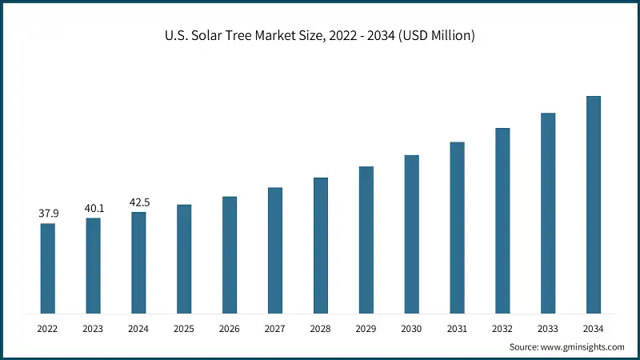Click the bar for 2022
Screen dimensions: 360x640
(x=48, y=268)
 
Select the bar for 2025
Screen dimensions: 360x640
(x=184, y=258)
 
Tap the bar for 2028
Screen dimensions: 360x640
(x=320, y=245)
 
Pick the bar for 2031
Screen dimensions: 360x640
(x=457, y=227)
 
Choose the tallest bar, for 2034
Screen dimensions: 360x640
(x=593, y=204)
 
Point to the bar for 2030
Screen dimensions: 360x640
(x=411, y=234)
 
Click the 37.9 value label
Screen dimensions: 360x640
(x=48, y=214)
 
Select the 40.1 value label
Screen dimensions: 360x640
(x=94, y=208)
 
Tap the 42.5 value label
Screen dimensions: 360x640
(x=138, y=202)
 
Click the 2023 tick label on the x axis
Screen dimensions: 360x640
(x=94, y=328)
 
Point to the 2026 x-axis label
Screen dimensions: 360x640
(x=230, y=328)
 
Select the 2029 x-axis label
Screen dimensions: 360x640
(x=366, y=328)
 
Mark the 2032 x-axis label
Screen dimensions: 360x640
(x=502, y=328)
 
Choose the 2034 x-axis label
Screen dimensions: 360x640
(x=593, y=328)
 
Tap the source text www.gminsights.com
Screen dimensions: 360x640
(x=566, y=347)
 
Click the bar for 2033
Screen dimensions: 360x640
(x=547, y=213)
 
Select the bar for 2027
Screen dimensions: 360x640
(x=275, y=250)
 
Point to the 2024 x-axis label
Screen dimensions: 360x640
(x=138, y=328)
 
